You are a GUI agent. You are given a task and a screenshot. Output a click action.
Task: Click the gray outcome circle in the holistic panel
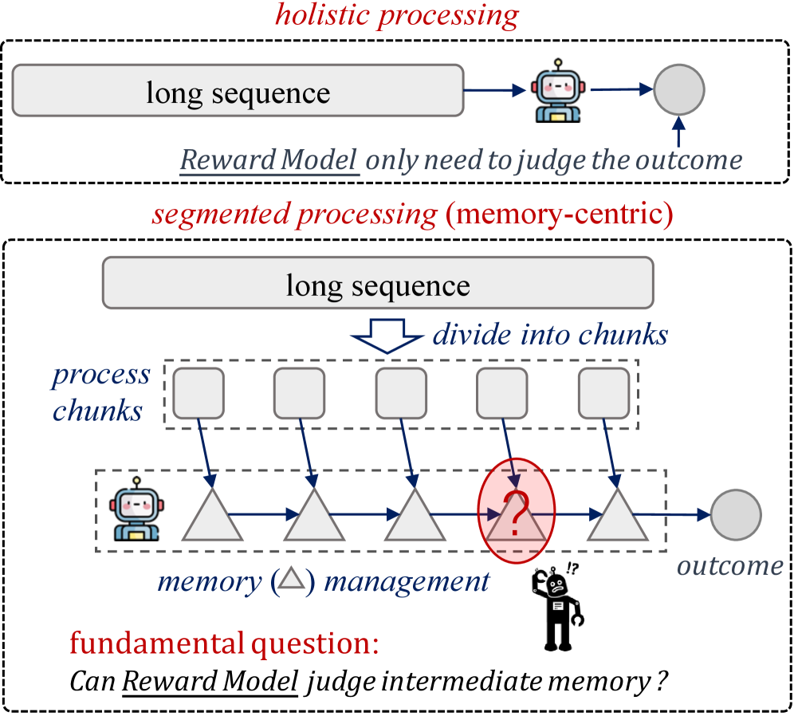(678, 91)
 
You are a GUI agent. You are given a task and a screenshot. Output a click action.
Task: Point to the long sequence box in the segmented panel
(378, 285)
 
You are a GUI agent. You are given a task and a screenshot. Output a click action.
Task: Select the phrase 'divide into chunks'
(550, 335)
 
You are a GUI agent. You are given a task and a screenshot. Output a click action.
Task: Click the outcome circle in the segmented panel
(736, 515)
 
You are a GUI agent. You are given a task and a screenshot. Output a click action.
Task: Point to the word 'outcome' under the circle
(730, 565)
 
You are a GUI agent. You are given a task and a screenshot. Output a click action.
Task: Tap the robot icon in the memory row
(137, 510)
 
